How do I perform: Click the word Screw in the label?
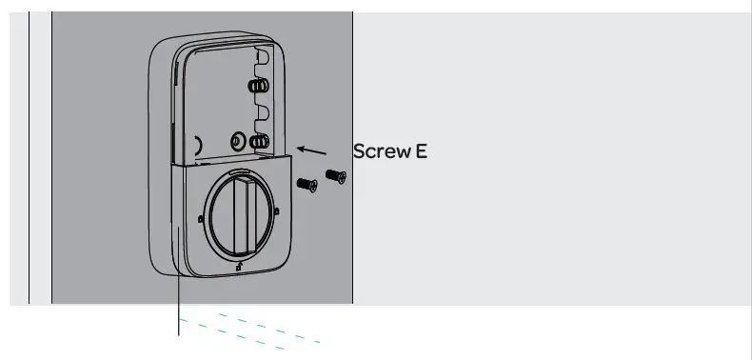pyautogui.click(x=381, y=150)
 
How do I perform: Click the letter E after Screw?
pyautogui.click(x=421, y=150)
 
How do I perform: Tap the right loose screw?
pyautogui.click(x=334, y=175)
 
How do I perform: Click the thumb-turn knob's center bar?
pyautogui.click(x=243, y=214)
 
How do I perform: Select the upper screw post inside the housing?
pyautogui.click(x=257, y=86)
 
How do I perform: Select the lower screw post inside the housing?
pyautogui.click(x=257, y=142)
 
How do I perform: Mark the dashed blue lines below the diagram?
pyautogui.click(x=252, y=326)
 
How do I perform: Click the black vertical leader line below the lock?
pyautogui.click(x=179, y=305)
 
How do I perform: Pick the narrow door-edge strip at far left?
pyautogui.click(x=39, y=157)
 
